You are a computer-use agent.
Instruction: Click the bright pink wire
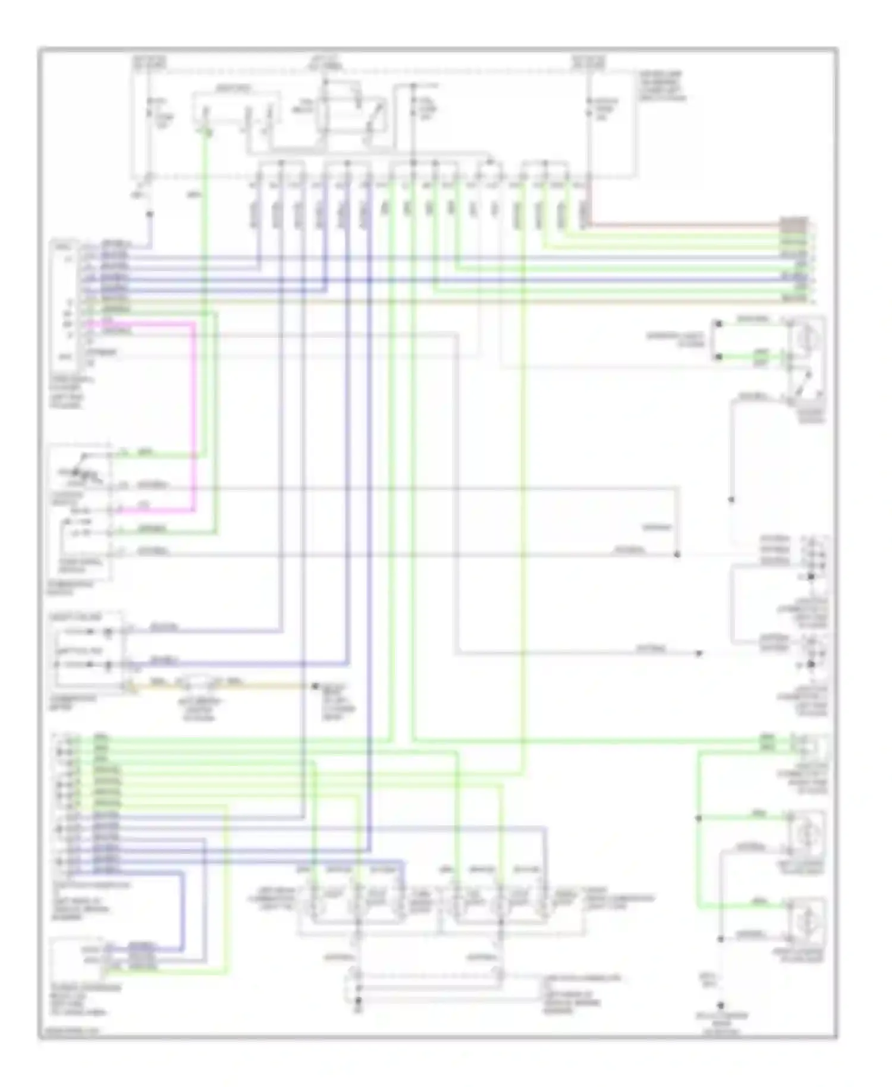[x=194, y=416]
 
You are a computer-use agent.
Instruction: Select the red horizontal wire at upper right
[x=684, y=225]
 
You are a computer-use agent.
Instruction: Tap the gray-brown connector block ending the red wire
[x=794, y=224]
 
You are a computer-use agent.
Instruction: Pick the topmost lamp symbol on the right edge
[x=807, y=339]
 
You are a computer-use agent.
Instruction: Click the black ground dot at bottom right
[x=720, y=1005]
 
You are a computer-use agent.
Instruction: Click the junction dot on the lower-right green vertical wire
[x=699, y=818]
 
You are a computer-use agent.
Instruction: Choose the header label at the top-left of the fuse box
[x=149, y=61]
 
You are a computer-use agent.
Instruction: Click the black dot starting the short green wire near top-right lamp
[x=718, y=357]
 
